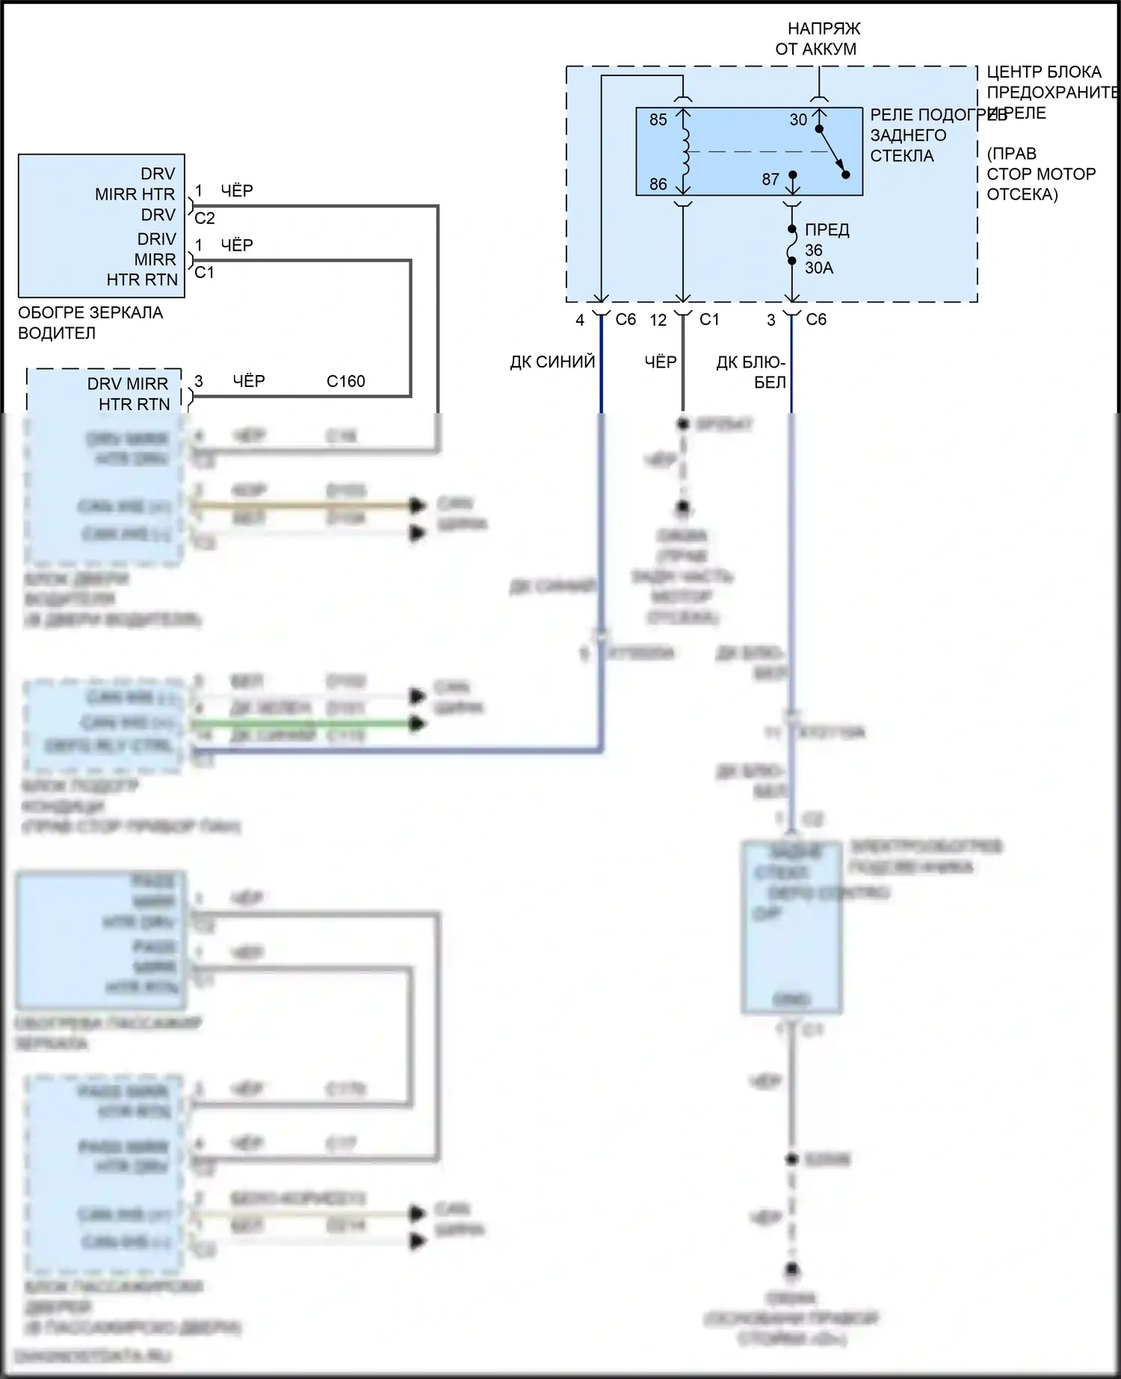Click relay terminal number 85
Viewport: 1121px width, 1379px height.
(x=658, y=120)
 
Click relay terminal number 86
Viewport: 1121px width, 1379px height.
(x=658, y=184)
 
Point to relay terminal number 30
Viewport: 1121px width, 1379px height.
(x=798, y=120)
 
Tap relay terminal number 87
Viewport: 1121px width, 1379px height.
(x=771, y=179)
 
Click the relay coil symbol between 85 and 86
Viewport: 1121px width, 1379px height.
(x=685, y=152)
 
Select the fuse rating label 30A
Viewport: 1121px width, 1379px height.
(x=818, y=267)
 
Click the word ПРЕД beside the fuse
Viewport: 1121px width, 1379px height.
(x=827, y=230)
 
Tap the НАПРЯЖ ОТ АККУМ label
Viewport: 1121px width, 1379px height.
(x=819, y=39)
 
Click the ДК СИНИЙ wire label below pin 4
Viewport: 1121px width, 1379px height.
(x=552, y=362)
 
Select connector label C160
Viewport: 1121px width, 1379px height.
(x=345, y=381)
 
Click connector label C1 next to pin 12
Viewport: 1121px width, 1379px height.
(x=708, y=320)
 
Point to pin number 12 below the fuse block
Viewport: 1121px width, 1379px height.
(x=658, y=320)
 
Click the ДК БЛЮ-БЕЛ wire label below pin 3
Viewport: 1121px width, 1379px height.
(x=751, y=372)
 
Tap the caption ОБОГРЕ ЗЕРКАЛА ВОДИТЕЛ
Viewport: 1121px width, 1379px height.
(x=90, y=323)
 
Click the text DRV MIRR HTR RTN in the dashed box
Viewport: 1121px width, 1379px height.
(x=129, y=394)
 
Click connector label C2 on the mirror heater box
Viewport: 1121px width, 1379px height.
(x=204, y=218)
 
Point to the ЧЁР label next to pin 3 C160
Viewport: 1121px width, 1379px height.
(x=248, y=381)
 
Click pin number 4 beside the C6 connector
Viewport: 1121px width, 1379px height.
(x=579, y=320)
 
